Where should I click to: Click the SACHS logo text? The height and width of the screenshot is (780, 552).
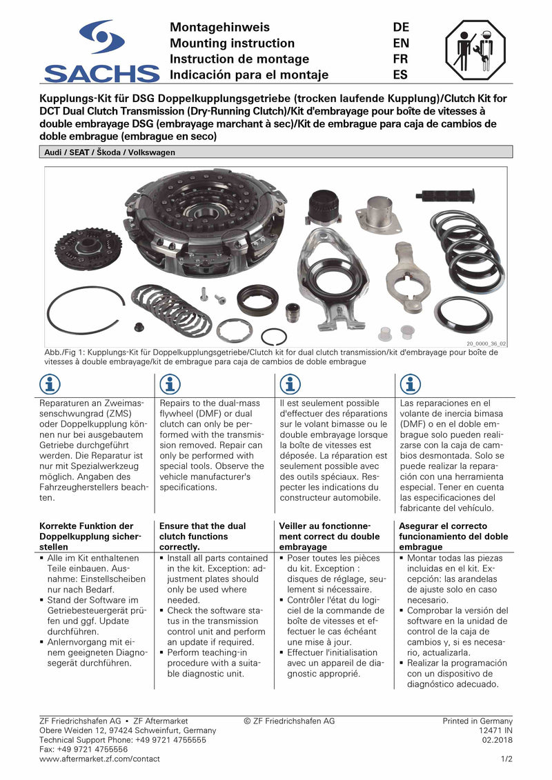[101, 73]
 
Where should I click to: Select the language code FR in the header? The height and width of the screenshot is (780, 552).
[401, 59]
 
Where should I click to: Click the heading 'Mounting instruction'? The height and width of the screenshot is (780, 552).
[232, 43]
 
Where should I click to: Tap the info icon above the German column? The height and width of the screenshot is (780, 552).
[50, 384]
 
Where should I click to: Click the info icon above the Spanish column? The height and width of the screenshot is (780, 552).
[411, 384]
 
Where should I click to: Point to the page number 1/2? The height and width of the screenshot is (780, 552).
[506, 759]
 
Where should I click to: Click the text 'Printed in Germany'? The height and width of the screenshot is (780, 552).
[477, 721]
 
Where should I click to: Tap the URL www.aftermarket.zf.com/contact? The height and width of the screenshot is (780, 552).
[99, 759]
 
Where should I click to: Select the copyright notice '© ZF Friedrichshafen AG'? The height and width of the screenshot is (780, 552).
[289, 721]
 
